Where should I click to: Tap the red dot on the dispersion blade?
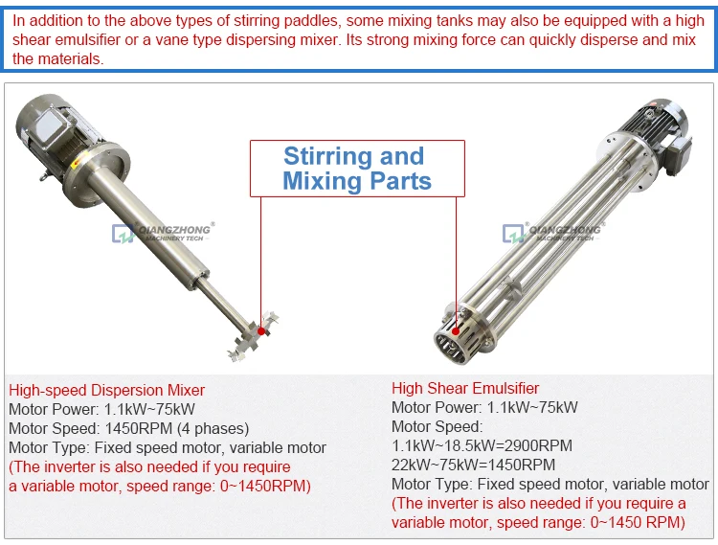260,329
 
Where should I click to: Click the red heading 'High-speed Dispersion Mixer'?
106,390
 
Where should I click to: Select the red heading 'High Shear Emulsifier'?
465,388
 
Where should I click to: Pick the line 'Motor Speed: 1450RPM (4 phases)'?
128,428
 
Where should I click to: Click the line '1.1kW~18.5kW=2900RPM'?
482,445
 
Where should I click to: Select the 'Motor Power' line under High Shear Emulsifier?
484,407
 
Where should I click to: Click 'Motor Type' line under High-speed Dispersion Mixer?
167,447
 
